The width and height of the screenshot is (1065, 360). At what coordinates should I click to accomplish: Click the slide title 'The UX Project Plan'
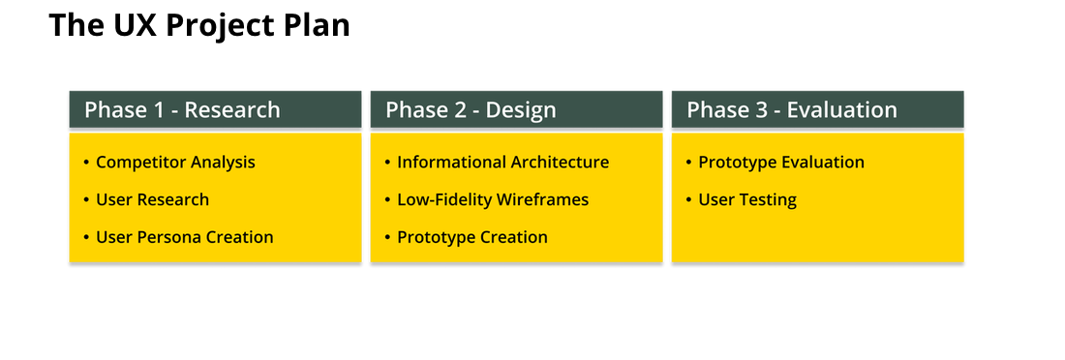coord(199,26)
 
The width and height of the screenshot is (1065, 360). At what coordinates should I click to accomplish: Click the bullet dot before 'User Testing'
coord(688,199)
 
